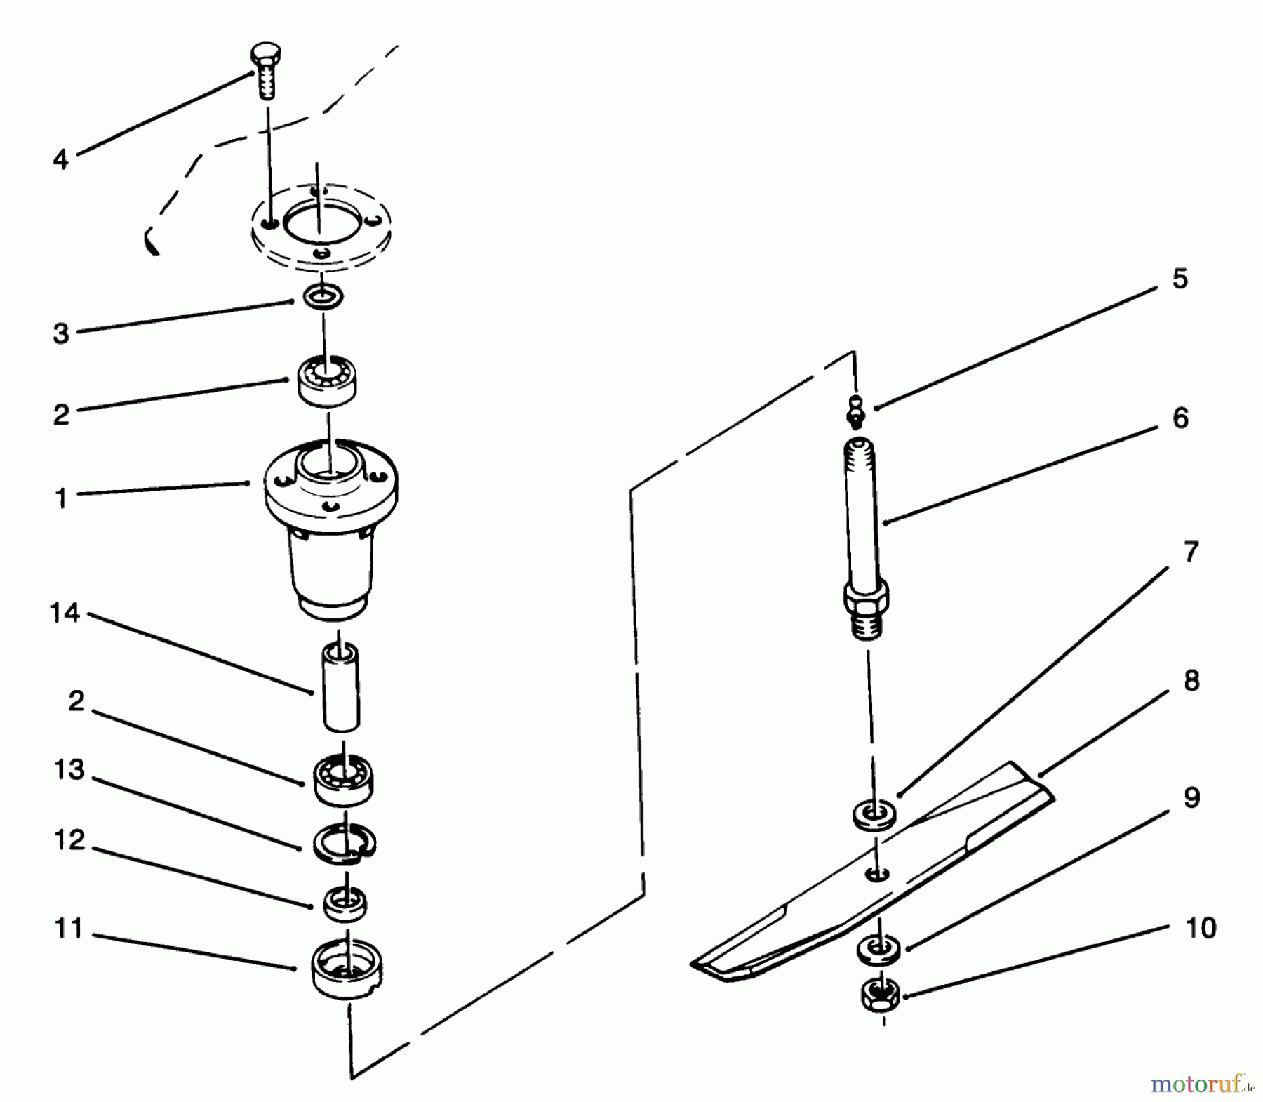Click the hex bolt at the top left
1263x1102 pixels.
coord(266,71)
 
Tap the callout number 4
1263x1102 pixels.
coord(61,159)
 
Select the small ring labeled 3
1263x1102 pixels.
coord(323,296)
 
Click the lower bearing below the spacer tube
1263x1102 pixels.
coord(343,780)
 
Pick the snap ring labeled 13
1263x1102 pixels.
coord(345,842)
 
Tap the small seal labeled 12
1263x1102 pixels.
coord(345,904)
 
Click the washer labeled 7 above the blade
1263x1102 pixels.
coord(874,816)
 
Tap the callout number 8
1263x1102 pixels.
coord(1191,680)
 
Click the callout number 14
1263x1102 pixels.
coord(65,613)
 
